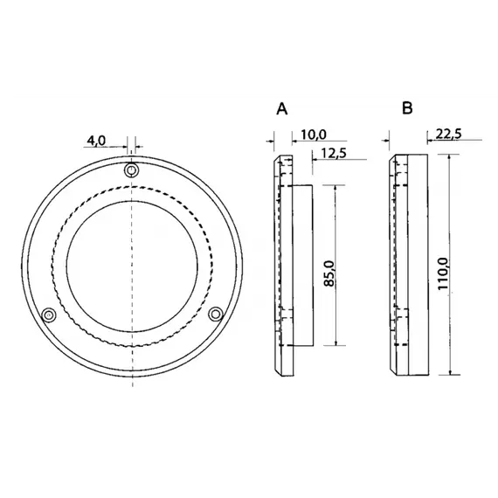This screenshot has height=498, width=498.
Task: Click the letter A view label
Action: (x=281, y=108)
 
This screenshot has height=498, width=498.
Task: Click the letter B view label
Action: (x=407, y=108)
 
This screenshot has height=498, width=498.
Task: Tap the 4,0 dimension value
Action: (x=96, y=140)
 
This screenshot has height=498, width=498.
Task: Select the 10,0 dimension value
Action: (x=313, y=134)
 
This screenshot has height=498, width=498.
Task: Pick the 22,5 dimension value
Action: (x=447, y=134)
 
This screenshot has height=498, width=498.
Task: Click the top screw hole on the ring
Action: (x=132, y=170)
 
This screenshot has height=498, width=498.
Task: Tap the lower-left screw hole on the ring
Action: (x=50, y=314)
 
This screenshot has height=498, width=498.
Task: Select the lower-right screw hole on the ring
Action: (x=216, y=313)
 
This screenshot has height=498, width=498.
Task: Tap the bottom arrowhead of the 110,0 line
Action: (x=453, y=373)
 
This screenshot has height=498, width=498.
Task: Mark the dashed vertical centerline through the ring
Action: (x=132, y=227)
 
